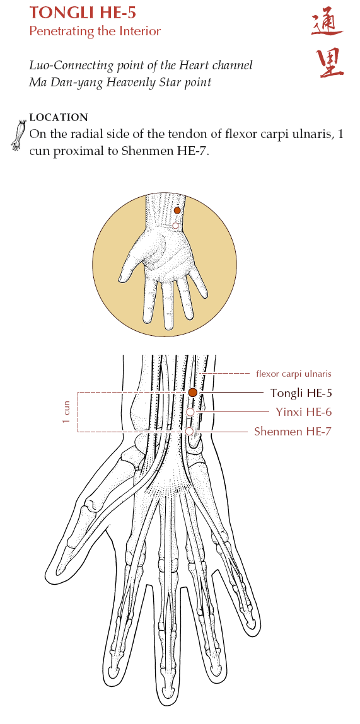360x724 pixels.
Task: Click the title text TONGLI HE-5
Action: click(83, 13)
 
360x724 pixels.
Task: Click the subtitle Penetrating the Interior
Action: click(95, 32)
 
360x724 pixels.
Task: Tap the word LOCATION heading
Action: click(59, 117)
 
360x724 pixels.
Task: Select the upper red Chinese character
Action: click(327, 24)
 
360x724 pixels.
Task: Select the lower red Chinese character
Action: click(330, 63)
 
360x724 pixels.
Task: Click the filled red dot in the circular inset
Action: click(177, 210)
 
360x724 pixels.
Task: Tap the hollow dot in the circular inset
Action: click(175, 226)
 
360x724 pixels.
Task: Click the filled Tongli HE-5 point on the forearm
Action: click(193, 393)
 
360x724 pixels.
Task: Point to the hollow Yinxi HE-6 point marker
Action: click(190, 412)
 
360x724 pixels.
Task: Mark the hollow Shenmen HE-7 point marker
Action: click(189, 431)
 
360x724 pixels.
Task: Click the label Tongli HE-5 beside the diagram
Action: click(301, 393)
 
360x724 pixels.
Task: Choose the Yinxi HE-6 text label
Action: click(304, 412)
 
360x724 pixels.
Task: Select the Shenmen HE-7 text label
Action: click(293, 432)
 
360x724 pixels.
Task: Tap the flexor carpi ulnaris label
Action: click(293, 374)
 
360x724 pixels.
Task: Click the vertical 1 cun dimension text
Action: click(66, 412)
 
